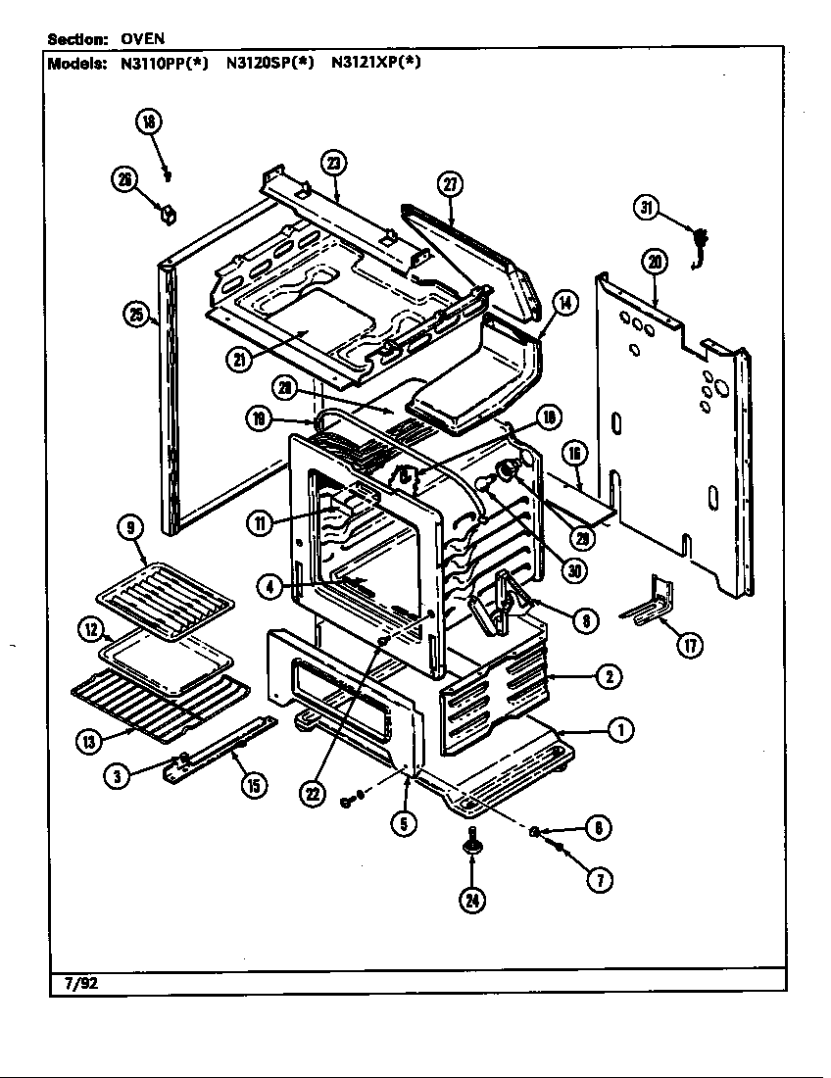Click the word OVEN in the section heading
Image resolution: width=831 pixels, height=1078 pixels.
click(x=143, y=39)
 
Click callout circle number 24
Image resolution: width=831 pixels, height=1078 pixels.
click(x=472, y=902)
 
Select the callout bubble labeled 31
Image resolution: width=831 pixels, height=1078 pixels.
click(x=646, y=207)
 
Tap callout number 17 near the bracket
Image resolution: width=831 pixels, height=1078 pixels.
click(x=691, y=646)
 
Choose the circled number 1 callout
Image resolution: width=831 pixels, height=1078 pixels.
click(x=619, y=729)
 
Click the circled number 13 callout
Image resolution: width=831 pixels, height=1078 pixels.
click(x=91, y=742)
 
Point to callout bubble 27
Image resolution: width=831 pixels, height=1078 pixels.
click(x=450, y=185)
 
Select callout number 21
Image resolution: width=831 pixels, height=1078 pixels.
click(x=239, y=360)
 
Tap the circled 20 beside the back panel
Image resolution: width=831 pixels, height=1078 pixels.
click(x=655, y=262)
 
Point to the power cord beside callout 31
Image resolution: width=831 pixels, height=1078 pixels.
click(x=700, y=245)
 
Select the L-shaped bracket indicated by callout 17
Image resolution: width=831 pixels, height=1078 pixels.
click(x=655, y=604)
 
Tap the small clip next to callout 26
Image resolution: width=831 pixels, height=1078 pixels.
click(x=168, y=211)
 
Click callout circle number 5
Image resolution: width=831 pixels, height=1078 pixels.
click(x=404, y=823)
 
